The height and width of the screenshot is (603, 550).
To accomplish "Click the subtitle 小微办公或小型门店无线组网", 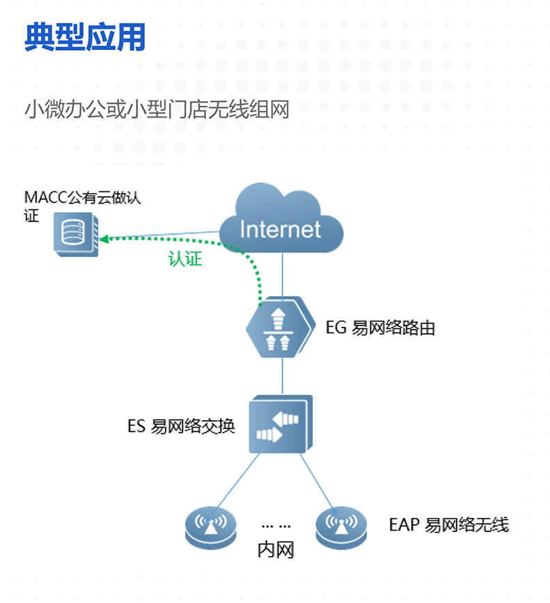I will click(157, 111).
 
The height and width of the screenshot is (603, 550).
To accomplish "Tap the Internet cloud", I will click(281, 221).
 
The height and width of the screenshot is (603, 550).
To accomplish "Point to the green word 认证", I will click(184, 259).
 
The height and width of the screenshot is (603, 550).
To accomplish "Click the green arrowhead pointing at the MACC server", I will click(106, 237).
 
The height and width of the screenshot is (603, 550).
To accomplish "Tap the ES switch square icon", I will click(281, 424).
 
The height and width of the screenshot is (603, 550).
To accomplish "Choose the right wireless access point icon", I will click(341, 525).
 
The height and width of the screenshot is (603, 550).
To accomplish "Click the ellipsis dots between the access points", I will click(276, 526).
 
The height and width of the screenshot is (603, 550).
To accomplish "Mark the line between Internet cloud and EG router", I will click(282, 275).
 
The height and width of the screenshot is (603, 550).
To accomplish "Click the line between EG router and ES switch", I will click(282, 376).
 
